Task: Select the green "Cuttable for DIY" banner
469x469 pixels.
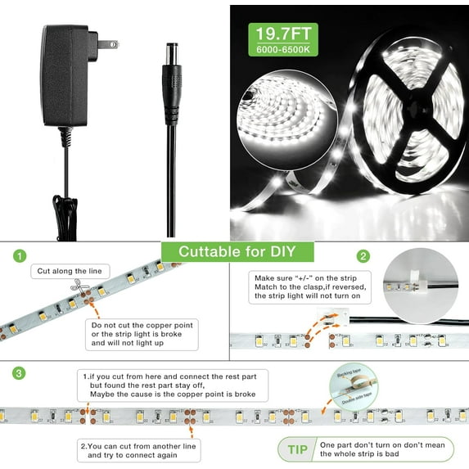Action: coord(234,252)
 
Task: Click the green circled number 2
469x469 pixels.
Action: coord(363,256)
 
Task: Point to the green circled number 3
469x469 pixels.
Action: coord(17,373)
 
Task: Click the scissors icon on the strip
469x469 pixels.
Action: coord(79,287)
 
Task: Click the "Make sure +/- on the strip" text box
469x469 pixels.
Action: coord(309,288)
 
